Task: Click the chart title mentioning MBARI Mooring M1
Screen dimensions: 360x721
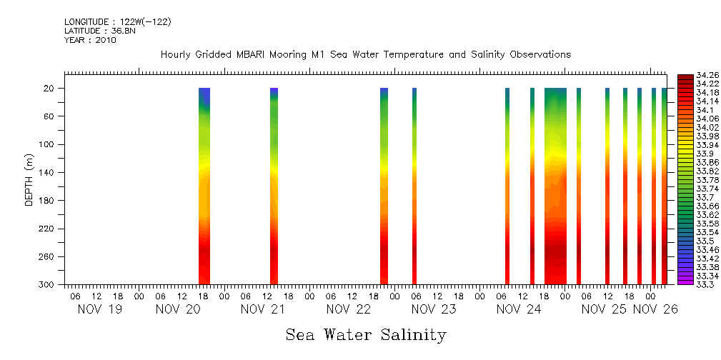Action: tap(365, 55)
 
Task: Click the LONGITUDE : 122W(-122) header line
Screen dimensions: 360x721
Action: tap(117, 22)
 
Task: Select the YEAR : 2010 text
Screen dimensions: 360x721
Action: tap(89, 40)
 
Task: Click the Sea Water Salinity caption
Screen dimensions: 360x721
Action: tap(366, 335)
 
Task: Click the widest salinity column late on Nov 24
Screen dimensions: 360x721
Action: tap(555, 186)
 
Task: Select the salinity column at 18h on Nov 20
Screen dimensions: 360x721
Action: tap(204, 186)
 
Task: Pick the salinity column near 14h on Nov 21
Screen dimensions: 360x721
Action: tap(274, 186)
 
